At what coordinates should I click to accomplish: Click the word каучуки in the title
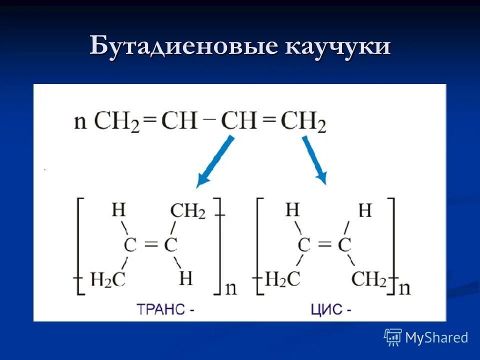(x=338, y=46)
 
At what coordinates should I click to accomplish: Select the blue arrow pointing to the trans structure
(x=215, y=161)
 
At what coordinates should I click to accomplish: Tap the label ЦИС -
(x=330, y=309)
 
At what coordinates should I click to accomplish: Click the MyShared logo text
(x=436, y=338)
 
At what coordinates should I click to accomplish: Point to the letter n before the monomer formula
(x=80, y=121)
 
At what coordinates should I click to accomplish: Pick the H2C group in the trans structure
(x=107, y=279)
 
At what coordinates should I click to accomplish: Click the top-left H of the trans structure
(x=118, y=209)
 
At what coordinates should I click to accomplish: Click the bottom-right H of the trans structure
(x=185, y=278)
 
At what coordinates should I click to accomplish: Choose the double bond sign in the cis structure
(x=324, y=245)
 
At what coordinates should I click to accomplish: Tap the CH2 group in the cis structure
(x=369, y=279)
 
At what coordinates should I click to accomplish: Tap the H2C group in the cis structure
(x=282, y=279)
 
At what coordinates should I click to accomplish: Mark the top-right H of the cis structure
(x=365, y=211)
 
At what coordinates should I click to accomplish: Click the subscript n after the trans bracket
(x=231, y=288)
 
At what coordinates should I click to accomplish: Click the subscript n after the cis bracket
(x=404, y=288)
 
